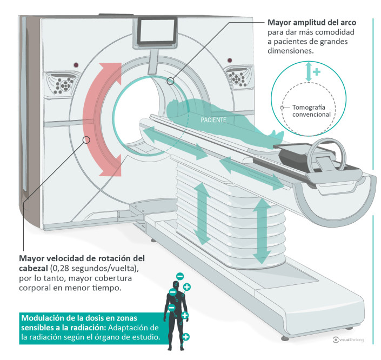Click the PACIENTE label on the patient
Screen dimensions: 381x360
[213, 120]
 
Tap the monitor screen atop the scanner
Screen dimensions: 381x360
[157, 31]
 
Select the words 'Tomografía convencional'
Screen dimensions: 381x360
[311, 111]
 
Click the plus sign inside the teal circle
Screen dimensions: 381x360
[316, 72]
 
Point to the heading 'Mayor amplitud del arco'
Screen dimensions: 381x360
[312, 23]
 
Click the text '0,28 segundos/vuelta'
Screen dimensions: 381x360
[92, 268]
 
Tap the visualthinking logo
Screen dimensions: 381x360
[348, 339]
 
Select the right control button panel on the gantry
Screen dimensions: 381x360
[238, 77]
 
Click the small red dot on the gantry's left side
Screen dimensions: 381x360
[76, 65]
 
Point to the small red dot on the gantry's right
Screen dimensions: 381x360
[229, 60]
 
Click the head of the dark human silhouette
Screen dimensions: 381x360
[176, 285]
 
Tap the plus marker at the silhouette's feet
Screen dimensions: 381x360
[186, 337]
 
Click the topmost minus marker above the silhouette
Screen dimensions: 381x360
[180, 276]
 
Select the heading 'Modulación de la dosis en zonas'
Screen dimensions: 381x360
[79, 318]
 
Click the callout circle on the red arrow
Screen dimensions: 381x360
[86, 140]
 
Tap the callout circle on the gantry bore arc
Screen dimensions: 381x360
[171, 81]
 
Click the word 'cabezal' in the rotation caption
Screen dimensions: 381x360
[34, 268]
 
